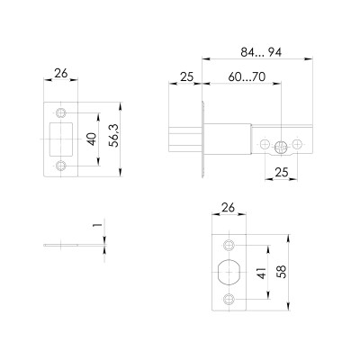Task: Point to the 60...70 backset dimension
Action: coord(246,78)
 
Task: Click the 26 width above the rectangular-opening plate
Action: coord(60,74)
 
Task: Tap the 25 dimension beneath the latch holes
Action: coord(282,172)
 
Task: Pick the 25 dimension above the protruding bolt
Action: coord(186,78)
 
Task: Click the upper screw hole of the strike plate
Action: coord(61,113)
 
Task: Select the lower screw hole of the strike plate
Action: coord(61,166)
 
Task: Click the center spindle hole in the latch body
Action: coord(282,144)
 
